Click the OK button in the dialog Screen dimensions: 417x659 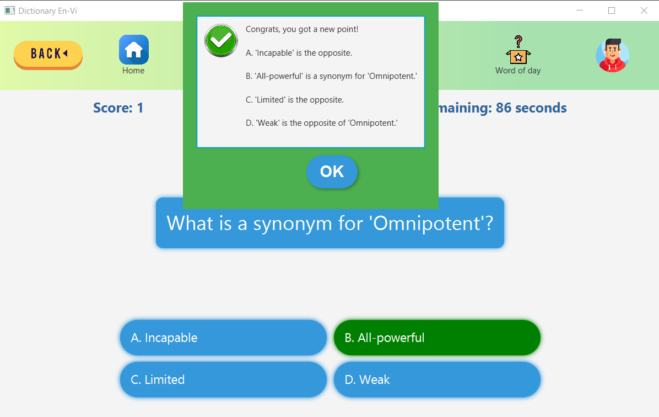pyautogui.click(x=332, y=172)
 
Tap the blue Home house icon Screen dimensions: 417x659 pyautogui.click(x=134, y=50)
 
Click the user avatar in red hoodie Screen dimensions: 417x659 pyautogui.click(x=612, y=55)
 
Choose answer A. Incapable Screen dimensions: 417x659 pyautogui.click(x=223, y=338)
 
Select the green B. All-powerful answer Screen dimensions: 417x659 pyautogui.click(x=437, y=338)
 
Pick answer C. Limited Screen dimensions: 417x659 pyautogui.click(x=223, y=379)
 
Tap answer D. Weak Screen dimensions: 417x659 pyautogui.click(x=437, y=379)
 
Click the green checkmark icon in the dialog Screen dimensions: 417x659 pyautogui.click(x=221, y=40)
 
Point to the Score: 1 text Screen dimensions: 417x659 pyautogui.click(x=118, y=108)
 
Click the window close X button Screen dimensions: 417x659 pyautogui.click(x=644, y=10)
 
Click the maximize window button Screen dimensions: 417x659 pyautogui.click(x=612, y=10)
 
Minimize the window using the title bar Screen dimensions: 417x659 pyautogui.click(x=580, y=10)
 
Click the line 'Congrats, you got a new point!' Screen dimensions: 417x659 pyautogui.click(x=302, y=29)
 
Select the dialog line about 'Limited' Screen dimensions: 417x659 pyautogui.click(x=295, y=100)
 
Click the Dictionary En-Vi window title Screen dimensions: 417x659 pyautogui.click(x=47, y=10)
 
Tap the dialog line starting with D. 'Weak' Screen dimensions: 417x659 pyautogui.click(x=322, y=123)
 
